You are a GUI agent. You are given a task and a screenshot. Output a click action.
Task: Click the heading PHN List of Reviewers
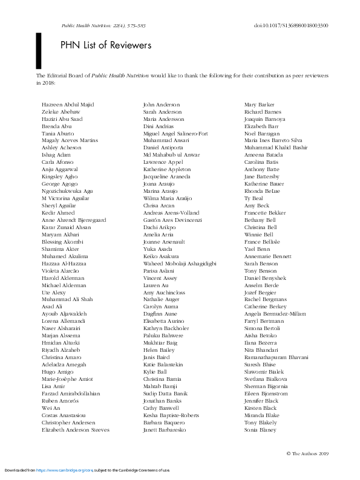106,45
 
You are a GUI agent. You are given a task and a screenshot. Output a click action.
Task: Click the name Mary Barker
259,105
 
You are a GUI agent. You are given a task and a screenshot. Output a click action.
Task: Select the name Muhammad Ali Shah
67,299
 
